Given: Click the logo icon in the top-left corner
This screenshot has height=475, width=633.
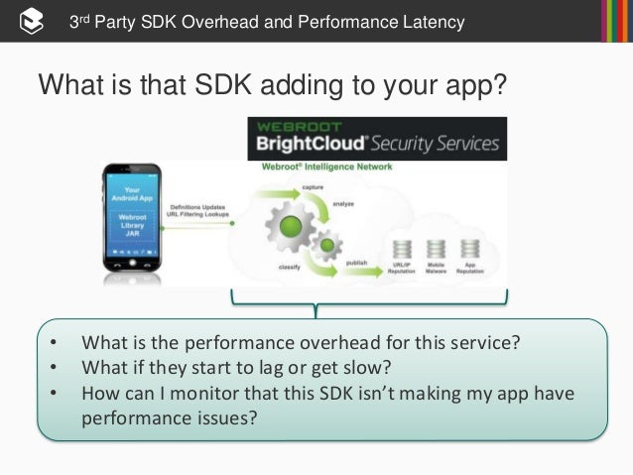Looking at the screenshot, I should pos(30,20).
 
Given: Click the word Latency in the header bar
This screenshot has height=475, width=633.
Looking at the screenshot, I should pos(419,21).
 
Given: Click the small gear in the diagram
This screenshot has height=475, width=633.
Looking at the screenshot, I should pos(325,244).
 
